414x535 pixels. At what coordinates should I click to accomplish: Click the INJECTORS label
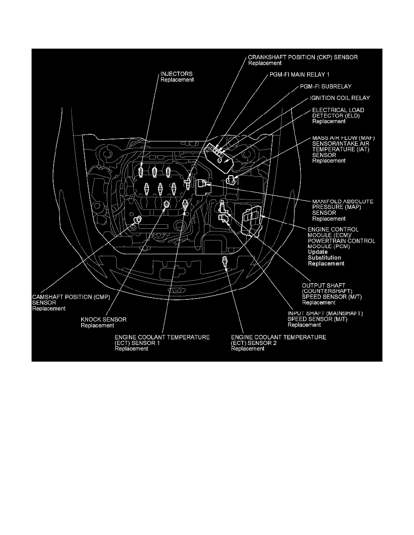[x=177, y=73]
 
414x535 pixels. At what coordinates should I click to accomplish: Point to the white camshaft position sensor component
[x=136, y=220]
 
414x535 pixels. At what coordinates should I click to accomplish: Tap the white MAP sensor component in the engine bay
[x=201, y=184]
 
